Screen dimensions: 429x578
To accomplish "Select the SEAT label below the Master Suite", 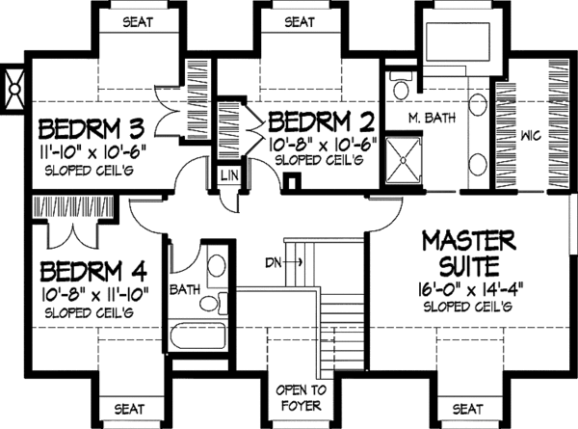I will tap(468, 408).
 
